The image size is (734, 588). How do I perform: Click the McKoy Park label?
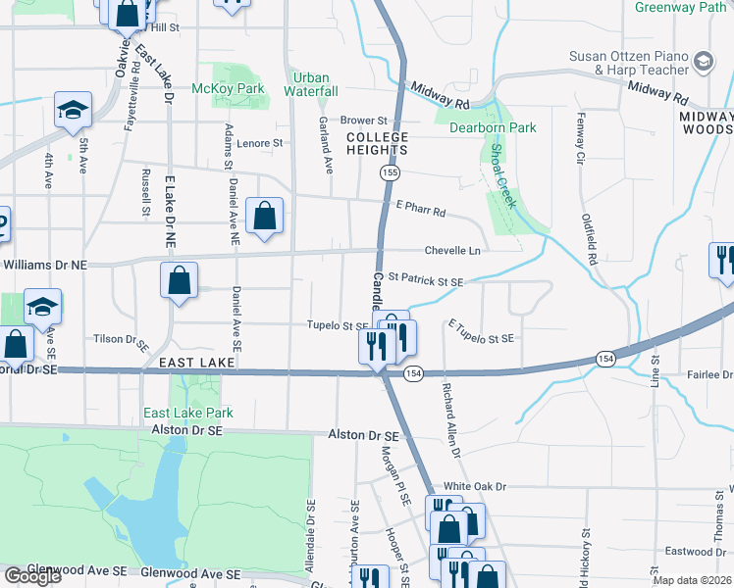coord(229,88)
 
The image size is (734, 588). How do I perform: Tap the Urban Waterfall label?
coord(311,84)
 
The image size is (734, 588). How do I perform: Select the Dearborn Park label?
coord(493,127)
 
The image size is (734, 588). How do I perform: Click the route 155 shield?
coord(391,172)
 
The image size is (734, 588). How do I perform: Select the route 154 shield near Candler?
coord(413,374)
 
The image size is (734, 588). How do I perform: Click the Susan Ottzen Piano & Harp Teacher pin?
coord(703,62)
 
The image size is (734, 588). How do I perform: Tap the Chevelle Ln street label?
coord(452,251)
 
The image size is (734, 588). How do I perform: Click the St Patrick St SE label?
coord(426,281)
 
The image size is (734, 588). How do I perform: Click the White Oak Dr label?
coord(474,486)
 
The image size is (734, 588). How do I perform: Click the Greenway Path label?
coord(679,8)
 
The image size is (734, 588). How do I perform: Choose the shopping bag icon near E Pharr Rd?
coord(265,217)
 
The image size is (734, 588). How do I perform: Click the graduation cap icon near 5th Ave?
coord(73,111)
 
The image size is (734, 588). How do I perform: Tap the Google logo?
coord(32,576)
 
